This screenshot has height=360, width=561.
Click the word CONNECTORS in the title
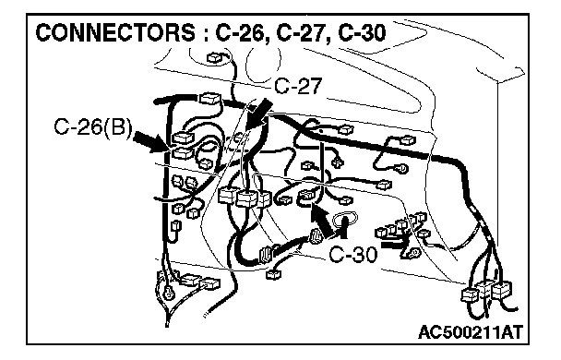pyautogui.click(x=115, y=33)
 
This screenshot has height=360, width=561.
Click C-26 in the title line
pyautogui.click(x=239, y=33)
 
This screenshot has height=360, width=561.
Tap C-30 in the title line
pyautogui.click(x=362, y=33)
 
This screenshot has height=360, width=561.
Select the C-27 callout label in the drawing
pyautogui.click(x=298, y=86)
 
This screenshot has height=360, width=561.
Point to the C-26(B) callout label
pyautogui.click(x=93, y=127)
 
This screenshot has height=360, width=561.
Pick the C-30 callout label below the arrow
pyautogui.click(x=352, y=255)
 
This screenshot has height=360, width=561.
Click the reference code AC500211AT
pyautogui.click(x=471, y=332)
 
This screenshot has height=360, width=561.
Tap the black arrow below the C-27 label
pyautogui.click(x=259, y=114)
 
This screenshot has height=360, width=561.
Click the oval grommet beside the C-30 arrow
pyautogui.click(x=344, y=220)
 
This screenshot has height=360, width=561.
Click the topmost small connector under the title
pyautogui.click(x=215, y=57)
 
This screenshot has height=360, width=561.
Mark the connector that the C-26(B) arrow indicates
pyautogui.click(x=183, y=153)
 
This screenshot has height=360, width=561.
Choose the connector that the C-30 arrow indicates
pyautogui.click(x=307, y=196)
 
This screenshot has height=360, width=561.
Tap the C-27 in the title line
pyautogui.click(x=301, y=33)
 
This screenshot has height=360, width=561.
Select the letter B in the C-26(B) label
pyautogui.click(x=117, y=127)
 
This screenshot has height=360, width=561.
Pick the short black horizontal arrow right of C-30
pyautogui.click(x=393, y=245)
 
